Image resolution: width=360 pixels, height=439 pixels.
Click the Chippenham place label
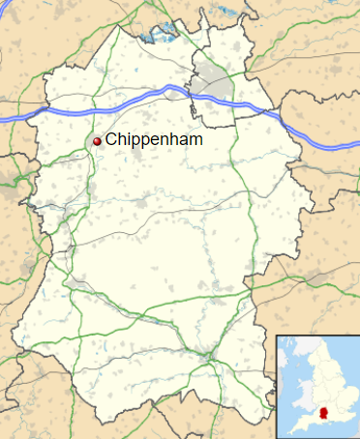tap(155, 139)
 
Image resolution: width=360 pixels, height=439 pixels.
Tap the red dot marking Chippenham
tap(97, 141)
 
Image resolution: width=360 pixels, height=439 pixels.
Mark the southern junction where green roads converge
tap(208, 359)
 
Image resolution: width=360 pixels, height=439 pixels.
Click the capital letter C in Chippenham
tap(111, 139)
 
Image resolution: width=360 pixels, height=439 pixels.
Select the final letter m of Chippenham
tap(197, 139)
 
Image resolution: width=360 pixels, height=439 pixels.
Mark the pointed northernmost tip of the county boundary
tap(122, 26)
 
